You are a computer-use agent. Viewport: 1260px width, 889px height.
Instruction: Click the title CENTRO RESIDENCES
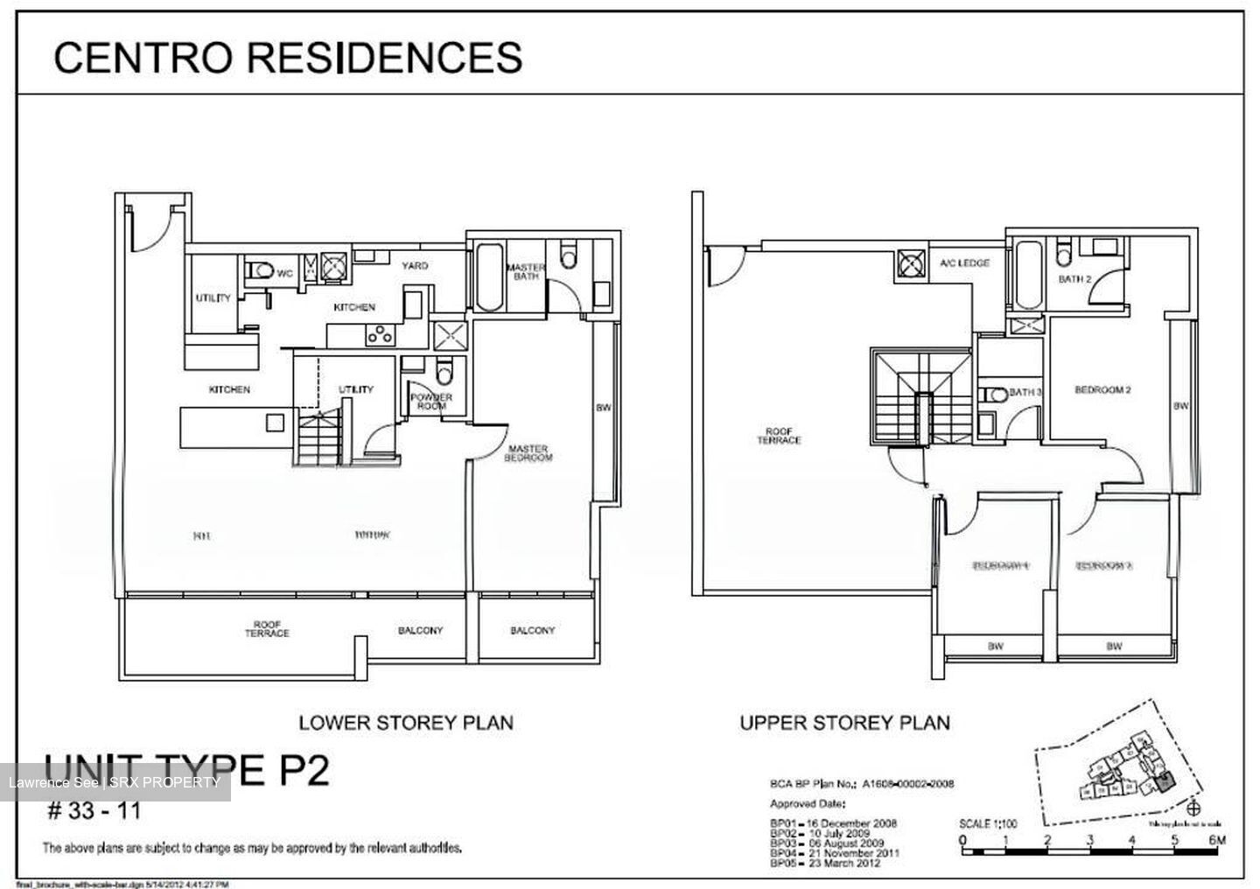pyautogui.click(x=288, y=58)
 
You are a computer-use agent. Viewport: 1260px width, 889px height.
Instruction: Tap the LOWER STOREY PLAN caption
pyautogui.click(x=406, y=723)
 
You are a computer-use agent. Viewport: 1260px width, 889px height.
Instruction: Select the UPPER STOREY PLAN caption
pyautogui.click(x=844, y=723)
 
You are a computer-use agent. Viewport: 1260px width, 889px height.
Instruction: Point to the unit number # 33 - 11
pyautogui.click(x=94, y=810)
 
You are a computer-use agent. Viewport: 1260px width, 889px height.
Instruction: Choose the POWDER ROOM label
pyautogui.click(x=430, y=402)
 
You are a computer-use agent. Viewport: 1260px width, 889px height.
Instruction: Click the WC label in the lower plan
pyautogui.click(x=284, y=272)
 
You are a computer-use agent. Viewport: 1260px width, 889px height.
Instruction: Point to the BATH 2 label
pyautogui.click(x=1074, y=279)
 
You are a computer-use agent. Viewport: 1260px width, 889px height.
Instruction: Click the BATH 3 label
pyautogui.click(x=1025, y=392)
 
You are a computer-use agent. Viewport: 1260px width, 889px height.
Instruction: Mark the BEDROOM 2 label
pyautogui.click(x=1102, y=389)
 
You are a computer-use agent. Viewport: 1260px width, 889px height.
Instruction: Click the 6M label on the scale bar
pyautogui.click(x=1216, y=840)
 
